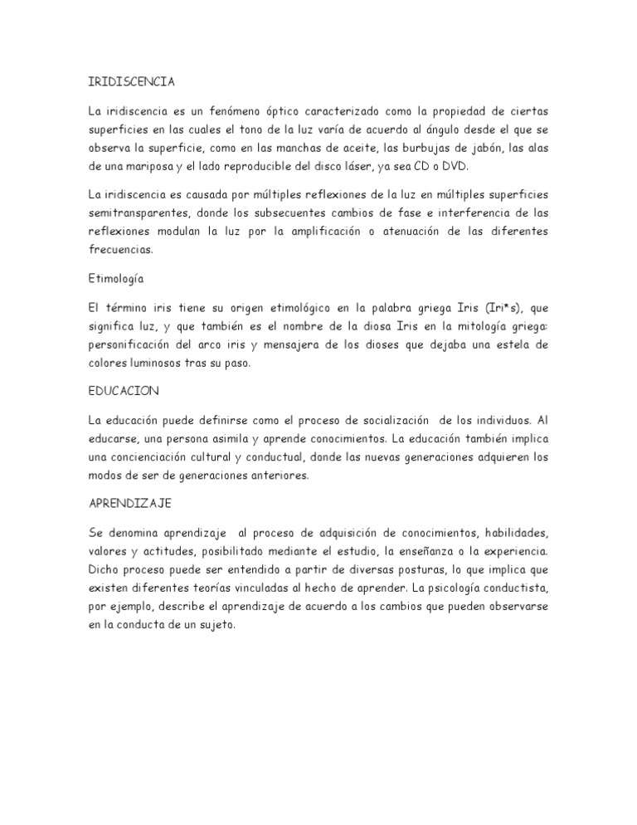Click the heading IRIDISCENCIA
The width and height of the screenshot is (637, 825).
[131, 82]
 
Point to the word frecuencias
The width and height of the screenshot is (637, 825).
[123, 248]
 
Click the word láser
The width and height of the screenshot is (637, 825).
[387, 166]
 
